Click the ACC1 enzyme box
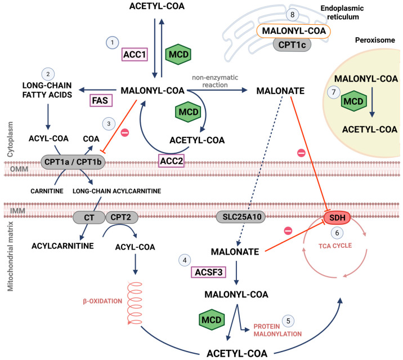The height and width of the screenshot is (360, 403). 135,54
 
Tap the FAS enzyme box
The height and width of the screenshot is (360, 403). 101,100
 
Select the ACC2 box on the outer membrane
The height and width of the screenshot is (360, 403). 171,161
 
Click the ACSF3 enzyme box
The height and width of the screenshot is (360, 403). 208,272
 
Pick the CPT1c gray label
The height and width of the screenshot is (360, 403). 292,45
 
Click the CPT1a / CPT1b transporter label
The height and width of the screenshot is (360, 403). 73,162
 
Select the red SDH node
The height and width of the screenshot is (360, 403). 337,217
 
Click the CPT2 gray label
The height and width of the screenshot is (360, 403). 122,217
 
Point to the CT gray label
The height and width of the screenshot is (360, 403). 89,217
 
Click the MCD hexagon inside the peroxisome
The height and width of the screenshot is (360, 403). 353,101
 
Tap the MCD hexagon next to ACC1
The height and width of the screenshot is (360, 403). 178,54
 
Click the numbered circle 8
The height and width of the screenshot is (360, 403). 292,15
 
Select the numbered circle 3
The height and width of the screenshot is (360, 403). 109,124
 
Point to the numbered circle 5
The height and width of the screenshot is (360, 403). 288,321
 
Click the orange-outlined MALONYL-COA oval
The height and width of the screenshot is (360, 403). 293,31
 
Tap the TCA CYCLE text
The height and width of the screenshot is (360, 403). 335,246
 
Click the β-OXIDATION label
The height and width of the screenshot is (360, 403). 102,301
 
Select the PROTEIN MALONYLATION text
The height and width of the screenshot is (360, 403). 277,330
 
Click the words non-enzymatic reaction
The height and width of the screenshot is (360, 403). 215,81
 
